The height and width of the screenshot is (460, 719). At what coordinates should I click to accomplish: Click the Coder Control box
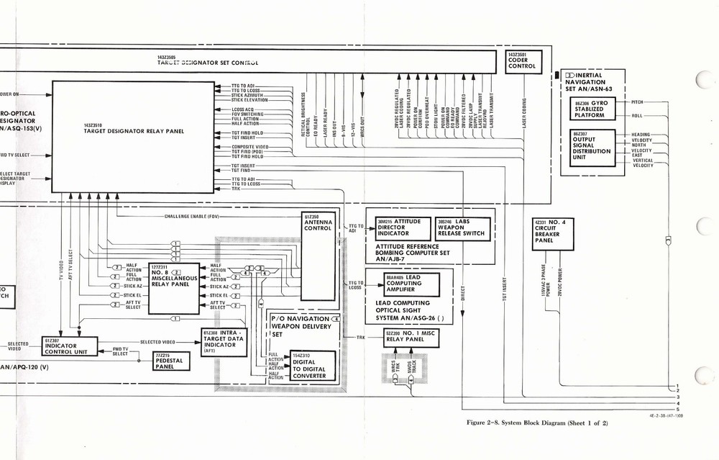tap(523, 61)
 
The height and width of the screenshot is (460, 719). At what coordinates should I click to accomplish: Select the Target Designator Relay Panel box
tap(133, 137)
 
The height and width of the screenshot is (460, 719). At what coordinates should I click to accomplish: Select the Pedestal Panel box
tap(172, 361)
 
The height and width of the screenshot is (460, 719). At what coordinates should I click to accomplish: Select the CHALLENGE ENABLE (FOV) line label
tap(191, 215)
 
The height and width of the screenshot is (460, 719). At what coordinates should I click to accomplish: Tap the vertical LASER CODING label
tap(523, 115)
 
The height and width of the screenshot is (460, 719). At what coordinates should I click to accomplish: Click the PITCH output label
tap(637, 103)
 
